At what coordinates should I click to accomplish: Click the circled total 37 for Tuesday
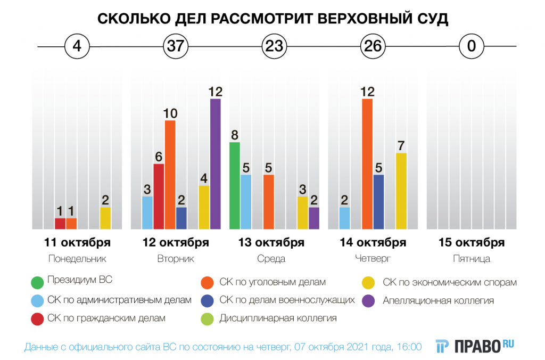[x=175, y=46]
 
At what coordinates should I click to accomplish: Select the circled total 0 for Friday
[x=471, y=46]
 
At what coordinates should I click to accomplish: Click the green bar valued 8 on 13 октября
[x=234, y=185]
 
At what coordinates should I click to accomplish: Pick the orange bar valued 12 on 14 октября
[x=367, y=164]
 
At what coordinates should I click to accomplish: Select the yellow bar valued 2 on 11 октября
[x=105, y=218]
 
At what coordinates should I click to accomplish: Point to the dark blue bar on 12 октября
[x=181, y=218]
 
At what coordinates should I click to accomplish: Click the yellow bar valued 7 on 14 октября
[x=401, y=191]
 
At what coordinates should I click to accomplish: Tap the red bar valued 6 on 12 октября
[x=159, y=197]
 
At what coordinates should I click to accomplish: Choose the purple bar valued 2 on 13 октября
[x=314, y=218]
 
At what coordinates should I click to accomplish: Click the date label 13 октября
[x=271, y=243]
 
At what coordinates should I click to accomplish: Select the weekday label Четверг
[x=373, y=259]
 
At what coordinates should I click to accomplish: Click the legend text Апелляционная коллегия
[x=438, y=300]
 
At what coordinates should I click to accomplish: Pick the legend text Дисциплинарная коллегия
[x=278, y=318]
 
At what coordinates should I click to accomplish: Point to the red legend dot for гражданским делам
[x=37, y=318]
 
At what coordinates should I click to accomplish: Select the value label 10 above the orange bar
[x=170, y=113]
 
